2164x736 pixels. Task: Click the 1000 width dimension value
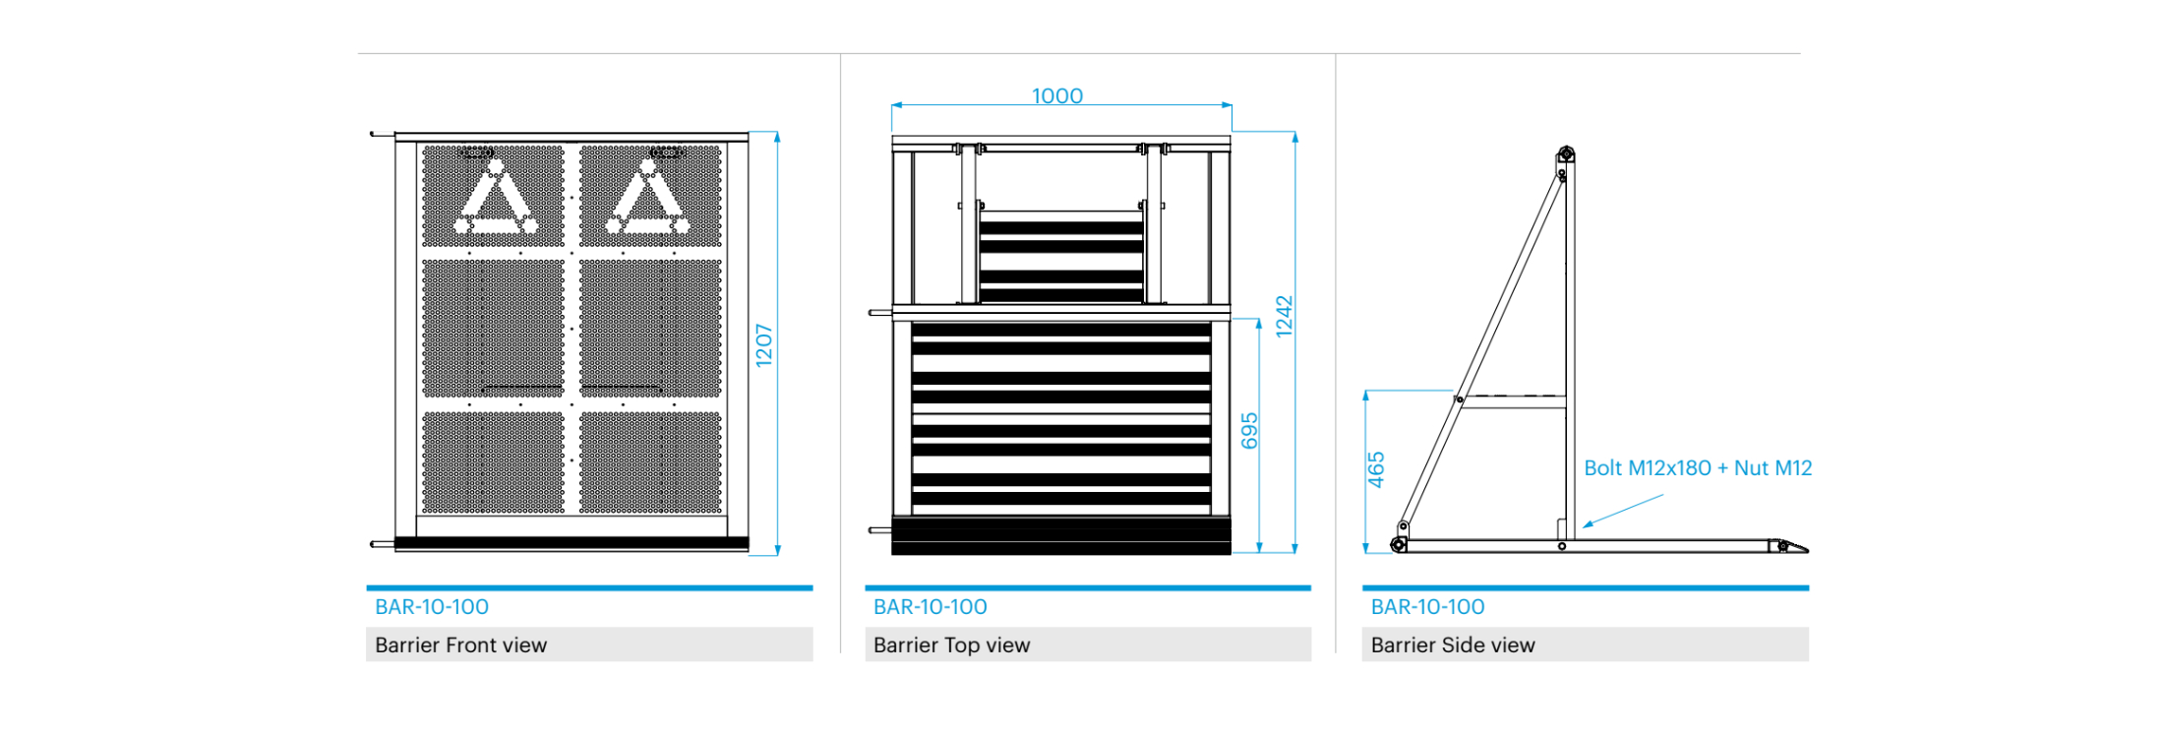tap(1057, 96)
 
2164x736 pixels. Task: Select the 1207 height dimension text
tap(764, 345)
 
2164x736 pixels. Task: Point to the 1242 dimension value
tap(1284, 317)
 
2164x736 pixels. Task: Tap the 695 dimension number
tap(1249, 431)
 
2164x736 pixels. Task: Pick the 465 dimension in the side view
tap(1376, 469)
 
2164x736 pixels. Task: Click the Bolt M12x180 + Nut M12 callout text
tap(1698, 468)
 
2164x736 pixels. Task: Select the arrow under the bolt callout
tap(1623, 511)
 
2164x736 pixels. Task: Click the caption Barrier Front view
tap(460, 645)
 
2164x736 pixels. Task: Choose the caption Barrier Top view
tap(951, 645)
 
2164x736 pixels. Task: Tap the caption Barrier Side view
tap(1453, 645)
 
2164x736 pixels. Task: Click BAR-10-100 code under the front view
tap(432, 607)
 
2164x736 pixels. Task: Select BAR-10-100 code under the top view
tap(931, 607)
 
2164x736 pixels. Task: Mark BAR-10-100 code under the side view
tap(1428, 607)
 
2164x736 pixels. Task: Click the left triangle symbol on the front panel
tap(495, 200)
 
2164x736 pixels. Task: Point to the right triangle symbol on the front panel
tap(648, 200)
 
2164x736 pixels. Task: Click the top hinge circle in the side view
tap(1566, 154)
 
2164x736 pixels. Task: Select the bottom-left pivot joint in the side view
tap(1398, 544)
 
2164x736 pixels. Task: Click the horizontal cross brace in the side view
tap(1513, 401)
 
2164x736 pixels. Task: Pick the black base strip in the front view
tap(571, 543)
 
